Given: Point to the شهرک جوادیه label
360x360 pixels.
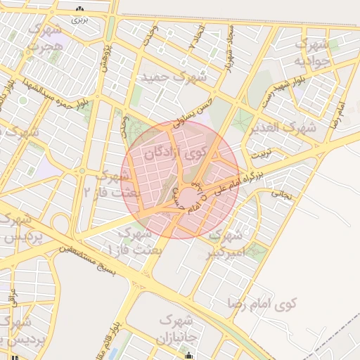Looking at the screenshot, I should click(312, 53).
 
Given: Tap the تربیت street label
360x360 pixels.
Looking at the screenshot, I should click(261, 152).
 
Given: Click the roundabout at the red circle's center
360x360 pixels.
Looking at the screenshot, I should click(189, 195).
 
